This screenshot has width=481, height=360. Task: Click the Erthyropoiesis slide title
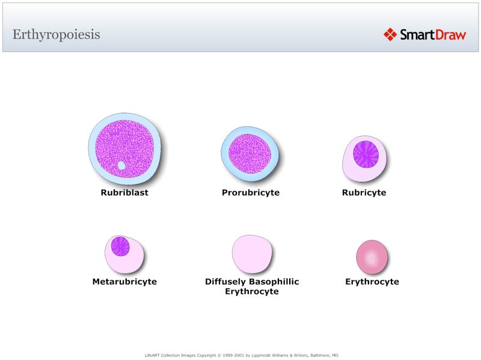pyautogui.click(x=56, y=34)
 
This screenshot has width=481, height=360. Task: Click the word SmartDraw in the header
pyautogui.click(x=433, y=34)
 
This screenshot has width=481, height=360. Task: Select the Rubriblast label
pyautogui.click(x=124, y=193)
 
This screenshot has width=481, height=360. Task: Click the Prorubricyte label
pyautogui.click(x=250, y=193)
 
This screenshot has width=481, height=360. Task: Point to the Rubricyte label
pyautogui.click(x=364, y=193)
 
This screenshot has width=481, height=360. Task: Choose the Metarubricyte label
pyautogui.click(x=124, y=281)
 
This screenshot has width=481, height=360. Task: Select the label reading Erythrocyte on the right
pyautogui.click(x=372, y=281)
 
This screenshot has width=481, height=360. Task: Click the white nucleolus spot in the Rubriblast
pyautogui.click(x=121, y=165)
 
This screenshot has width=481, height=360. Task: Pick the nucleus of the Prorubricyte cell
pyautogui.click(x=250, y=153)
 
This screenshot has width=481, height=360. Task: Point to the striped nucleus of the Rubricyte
pyautogui.click(x=366, y=154)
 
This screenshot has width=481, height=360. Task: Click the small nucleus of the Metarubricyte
pyautogui.click(x=121, y=246)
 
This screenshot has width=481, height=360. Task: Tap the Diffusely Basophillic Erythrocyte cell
pyautogui.click(x=252, y=254)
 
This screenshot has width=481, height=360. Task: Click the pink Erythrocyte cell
pyautogui.click(x=372, y=257)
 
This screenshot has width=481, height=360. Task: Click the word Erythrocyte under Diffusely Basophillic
pyautogui.click(x=252, y=291)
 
